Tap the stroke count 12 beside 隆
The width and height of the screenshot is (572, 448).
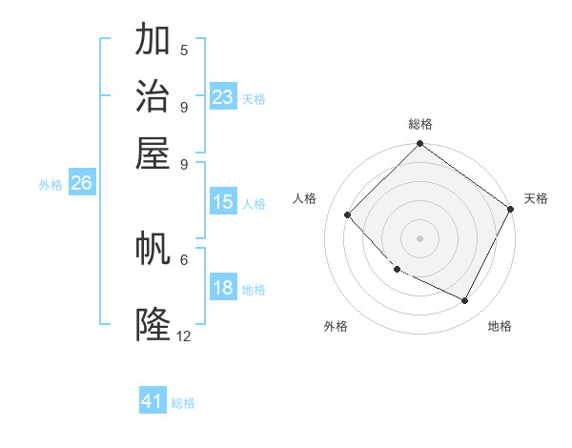(184, 336)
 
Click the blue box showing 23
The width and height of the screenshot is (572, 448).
(223, 96)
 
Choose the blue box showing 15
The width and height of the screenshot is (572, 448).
(223, 202)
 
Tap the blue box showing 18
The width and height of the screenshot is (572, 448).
(223, 289)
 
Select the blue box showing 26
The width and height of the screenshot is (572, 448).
(82, 183)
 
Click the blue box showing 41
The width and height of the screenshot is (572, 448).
(153, 401)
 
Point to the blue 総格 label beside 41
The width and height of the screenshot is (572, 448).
(183, 403)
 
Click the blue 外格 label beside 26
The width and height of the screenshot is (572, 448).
(51, 185)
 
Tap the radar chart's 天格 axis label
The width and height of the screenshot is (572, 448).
(536, 198)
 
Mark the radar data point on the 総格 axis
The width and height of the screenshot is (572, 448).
(419, 145)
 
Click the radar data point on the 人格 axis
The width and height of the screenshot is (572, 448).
(348, 214)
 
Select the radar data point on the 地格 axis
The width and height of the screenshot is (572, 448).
(465, 301)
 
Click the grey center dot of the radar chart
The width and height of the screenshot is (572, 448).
(419, 238)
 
